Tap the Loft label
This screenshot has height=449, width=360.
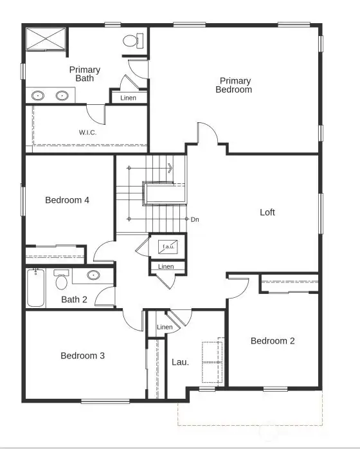click(x=267, y=212)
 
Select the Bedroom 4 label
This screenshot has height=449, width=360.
click(x=67, y=200)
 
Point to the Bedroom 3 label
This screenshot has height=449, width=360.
click(x=82, y=356)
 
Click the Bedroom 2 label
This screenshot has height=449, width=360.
click(x=273, y=341)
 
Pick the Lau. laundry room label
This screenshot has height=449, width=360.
click(x=180, y=362)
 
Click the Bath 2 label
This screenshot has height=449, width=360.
click(x=75, y=299)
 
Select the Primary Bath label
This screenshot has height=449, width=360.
click(x=85, y=74)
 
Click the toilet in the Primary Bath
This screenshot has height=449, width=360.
click(x=132, y=41)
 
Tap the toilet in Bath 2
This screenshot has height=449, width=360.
click(x=62, y=281)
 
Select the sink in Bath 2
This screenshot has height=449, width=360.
click(x=94, y=275)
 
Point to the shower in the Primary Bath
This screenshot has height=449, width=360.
click(x=46, y=39)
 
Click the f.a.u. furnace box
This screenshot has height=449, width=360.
click(x=168, y=246)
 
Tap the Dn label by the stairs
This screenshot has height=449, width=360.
click(x=195, y=219)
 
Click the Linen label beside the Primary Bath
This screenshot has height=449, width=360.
click(x=129, y=98)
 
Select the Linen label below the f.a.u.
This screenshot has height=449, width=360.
click(x=166, y=266)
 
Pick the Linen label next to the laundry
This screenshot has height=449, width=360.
click(x=165, y=327)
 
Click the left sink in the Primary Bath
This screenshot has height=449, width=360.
click(x=39, y=96)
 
